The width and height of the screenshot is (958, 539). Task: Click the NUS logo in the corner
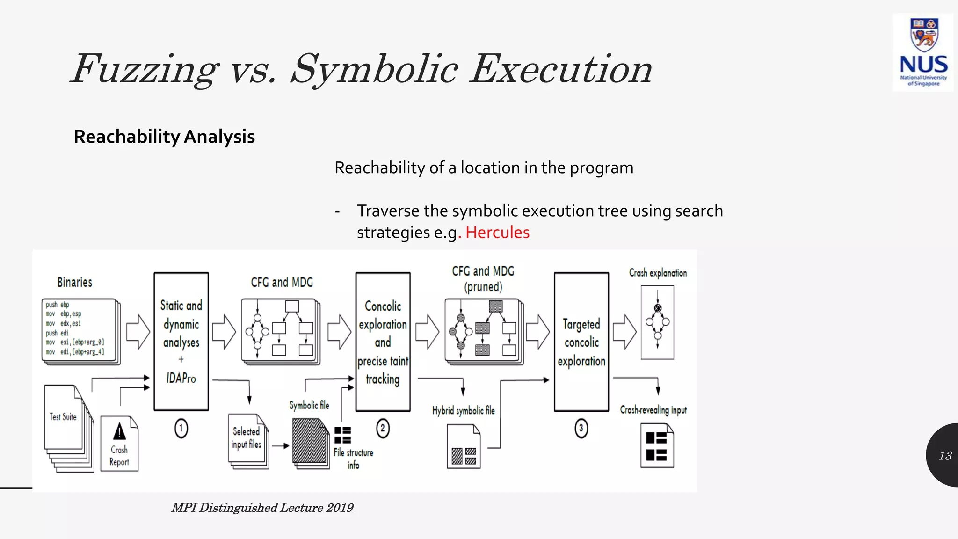point(923,52)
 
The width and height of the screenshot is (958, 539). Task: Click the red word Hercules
point(497,233)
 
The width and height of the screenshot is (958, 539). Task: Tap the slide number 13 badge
point(944,455)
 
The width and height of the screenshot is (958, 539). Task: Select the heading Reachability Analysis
point(164,137)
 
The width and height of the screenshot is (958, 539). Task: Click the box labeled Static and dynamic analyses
point(181,342)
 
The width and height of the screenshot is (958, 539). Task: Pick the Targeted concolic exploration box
point(581,342)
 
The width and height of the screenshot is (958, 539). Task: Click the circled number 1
point(181,428)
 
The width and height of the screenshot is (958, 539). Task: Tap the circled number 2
point(383,428)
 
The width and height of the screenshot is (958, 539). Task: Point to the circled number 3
point(581,428)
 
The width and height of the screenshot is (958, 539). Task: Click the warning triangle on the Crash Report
point(119,431)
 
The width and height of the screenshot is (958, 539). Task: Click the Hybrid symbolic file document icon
point(464,446)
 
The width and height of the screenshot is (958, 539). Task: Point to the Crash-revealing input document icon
point(657,446)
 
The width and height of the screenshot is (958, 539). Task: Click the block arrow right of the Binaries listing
point(138,332)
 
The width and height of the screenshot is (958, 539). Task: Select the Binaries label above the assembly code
point(75,283)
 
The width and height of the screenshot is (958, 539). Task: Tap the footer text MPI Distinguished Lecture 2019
point(262,508)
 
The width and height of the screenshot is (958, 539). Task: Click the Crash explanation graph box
point(657,322)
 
